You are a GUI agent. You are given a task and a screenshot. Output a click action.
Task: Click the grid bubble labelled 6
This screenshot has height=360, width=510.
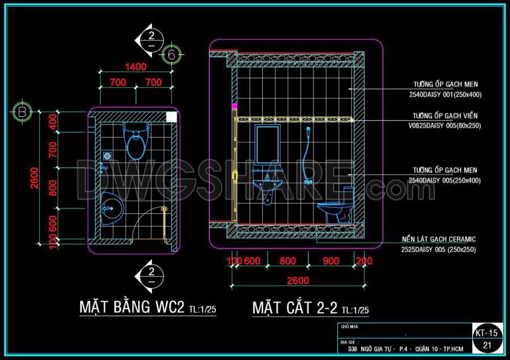tap(171, 55)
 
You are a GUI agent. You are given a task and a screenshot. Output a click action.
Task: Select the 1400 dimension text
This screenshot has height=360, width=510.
tap(135, 66)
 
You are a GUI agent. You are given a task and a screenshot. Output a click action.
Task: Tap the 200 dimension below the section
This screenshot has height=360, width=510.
tap(364, 262)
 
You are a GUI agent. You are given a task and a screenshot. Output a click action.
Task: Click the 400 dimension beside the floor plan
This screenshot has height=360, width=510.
tap(53, 122)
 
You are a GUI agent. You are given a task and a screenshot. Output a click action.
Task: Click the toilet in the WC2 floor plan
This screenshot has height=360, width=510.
tap(136, 143)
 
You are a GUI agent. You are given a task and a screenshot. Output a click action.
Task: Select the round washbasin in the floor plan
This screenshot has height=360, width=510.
tap(111, 207)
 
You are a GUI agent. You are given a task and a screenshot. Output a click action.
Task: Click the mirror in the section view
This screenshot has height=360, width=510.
tap(267, 144)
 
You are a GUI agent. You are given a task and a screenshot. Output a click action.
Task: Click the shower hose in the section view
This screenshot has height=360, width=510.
tap(306, 159)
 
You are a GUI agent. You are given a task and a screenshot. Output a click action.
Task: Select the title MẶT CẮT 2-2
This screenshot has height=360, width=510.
tap(295, 308)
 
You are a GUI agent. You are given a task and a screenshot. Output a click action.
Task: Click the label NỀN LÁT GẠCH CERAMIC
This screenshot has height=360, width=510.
tap(439, 238)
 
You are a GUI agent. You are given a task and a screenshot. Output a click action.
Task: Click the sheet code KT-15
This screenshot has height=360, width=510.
tap(487, 332)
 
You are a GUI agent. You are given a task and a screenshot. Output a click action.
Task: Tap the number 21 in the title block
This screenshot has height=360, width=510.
tap(487, 345)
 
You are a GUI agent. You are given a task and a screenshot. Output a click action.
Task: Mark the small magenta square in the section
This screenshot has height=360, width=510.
tap(234, 106)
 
